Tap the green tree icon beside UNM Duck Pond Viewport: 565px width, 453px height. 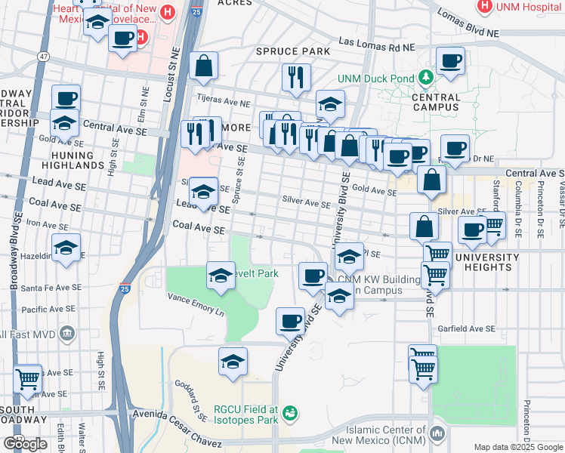(x=426, y=77)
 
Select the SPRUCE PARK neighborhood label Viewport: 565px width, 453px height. (x=293, y=51)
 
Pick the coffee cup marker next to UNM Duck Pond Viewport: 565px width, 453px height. (x=451, y=62)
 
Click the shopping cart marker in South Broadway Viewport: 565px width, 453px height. (x=28, y=380)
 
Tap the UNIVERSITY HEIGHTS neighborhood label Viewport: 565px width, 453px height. (x=486, y=263)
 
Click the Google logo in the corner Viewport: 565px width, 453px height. (x=25, y=443)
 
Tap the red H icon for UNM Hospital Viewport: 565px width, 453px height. (x=485, y=6)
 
